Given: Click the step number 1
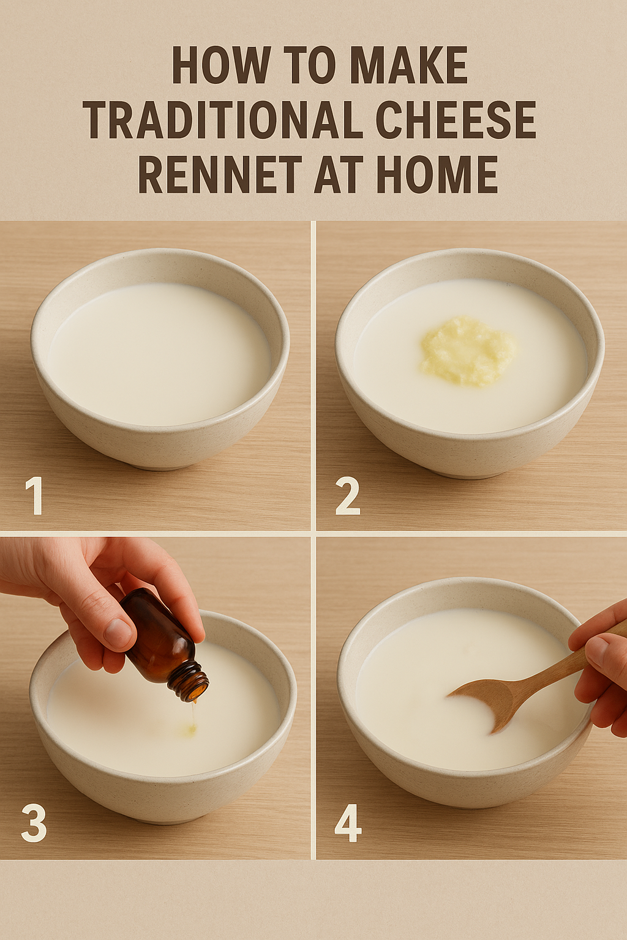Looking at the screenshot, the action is point(34,496).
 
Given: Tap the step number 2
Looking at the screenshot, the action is point(348,496).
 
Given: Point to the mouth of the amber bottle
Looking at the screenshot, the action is point(194,691).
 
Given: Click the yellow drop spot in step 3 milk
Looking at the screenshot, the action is point(190,729).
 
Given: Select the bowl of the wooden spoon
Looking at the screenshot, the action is point(487,702).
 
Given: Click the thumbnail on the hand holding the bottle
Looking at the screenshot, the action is point(118,632).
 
